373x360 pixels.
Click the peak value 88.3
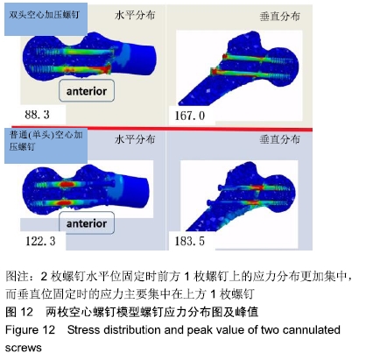37,115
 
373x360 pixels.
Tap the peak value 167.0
190,116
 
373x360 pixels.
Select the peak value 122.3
40,241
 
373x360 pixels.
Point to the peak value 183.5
190,241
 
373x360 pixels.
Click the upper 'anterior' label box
87,91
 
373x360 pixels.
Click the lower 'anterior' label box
87,223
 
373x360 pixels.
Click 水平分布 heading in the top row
135,15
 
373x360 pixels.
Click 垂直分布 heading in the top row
279,17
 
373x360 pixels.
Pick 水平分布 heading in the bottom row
135,139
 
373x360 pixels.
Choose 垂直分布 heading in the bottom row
279,139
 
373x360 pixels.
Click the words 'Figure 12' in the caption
30,330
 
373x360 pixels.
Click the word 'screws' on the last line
24,348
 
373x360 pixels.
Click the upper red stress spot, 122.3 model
67,185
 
